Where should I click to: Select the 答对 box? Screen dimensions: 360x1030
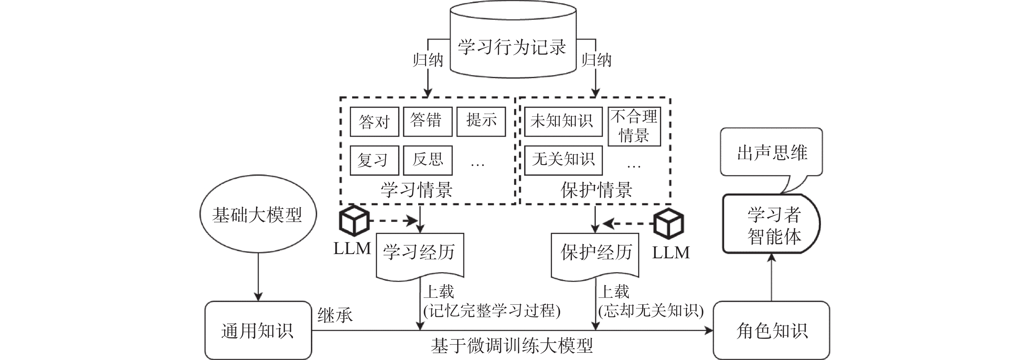coord(374,122)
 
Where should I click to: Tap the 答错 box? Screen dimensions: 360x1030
coord(427,121)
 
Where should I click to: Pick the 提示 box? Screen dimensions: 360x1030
coord(481,121)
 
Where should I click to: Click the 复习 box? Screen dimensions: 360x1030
coord(374,161)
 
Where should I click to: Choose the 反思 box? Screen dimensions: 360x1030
coord(427,160)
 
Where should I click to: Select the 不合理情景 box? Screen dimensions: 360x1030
coord(634,126)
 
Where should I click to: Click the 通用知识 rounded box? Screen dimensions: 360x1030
coord(258,330)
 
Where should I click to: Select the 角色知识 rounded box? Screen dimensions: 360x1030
coord(771,330)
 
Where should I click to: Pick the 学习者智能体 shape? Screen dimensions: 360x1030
coord(771,224)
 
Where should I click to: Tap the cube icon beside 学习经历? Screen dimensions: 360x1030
coord(353,220)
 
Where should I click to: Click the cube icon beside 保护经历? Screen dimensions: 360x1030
coord(669,223)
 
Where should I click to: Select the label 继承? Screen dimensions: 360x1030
coord(335,316)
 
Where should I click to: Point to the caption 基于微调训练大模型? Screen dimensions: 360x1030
coord(512,346)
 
